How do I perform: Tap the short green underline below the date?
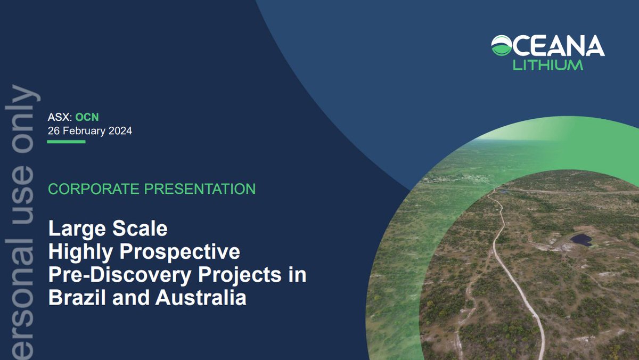pyautogui.click(x=67, y=142)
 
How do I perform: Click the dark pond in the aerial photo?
pyautogui.click(x=581, y=240)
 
